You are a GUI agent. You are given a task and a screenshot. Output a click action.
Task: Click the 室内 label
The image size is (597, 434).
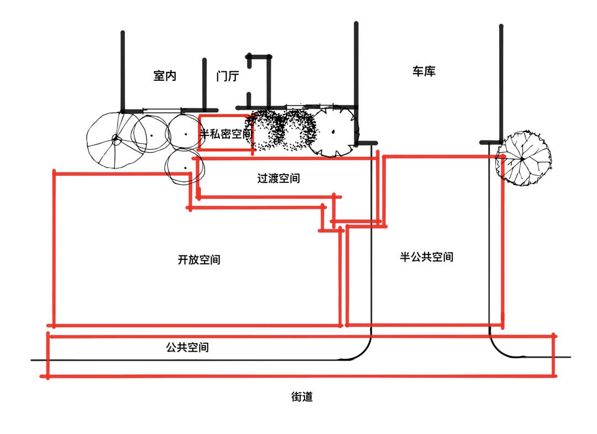165,76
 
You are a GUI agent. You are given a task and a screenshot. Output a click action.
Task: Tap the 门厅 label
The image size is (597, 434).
228,76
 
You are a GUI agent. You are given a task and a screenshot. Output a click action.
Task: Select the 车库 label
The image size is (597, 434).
424,71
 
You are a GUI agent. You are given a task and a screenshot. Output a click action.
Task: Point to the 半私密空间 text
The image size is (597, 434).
226,134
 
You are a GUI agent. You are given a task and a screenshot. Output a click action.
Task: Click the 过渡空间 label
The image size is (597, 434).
279,179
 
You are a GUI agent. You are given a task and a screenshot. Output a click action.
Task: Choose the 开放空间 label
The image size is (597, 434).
199,259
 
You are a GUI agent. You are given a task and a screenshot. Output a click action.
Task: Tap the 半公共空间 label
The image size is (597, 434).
427,257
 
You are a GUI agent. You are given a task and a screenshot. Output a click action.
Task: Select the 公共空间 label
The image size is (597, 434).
187,348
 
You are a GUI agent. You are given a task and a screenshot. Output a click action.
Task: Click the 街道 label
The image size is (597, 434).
302,397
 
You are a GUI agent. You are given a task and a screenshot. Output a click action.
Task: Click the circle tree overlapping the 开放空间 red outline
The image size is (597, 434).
185,167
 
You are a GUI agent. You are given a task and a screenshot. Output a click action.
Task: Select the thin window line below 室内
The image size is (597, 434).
163,109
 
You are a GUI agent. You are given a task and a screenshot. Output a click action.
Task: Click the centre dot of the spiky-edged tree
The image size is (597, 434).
333,132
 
